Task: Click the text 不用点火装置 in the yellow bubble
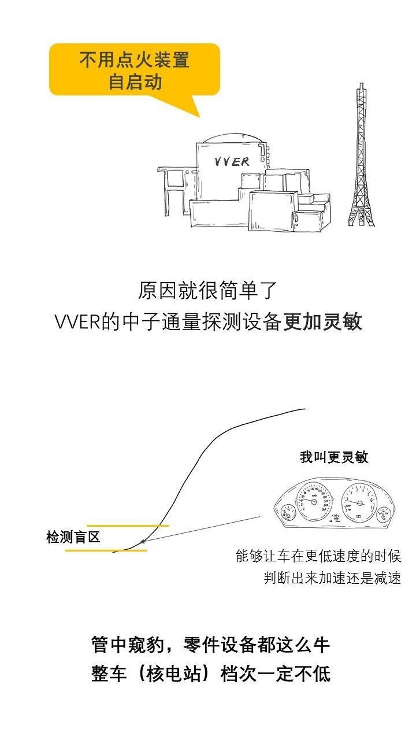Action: (x=135, y=60)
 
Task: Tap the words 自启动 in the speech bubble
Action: (x=135, y=82)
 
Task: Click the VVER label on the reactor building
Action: (x=232, y=161)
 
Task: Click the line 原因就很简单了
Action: (x=209, y=290)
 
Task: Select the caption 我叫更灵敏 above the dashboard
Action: (x=334, y=457)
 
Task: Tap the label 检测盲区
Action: (x=73, y=536)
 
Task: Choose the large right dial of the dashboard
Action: (x=358, y=500)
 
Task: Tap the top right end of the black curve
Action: (x=304, y=409)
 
